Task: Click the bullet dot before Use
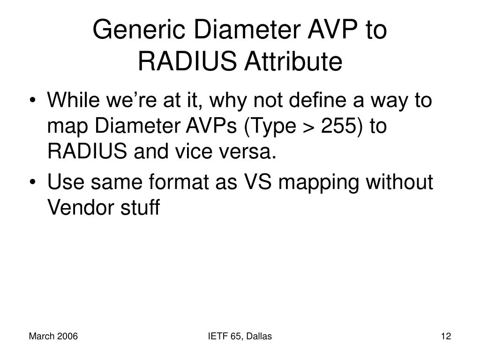(x=36, y=183)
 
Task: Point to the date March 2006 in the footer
(x=53, y=336)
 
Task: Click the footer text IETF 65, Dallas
(x=240, y=336)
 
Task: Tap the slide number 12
(x=445, y=336)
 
